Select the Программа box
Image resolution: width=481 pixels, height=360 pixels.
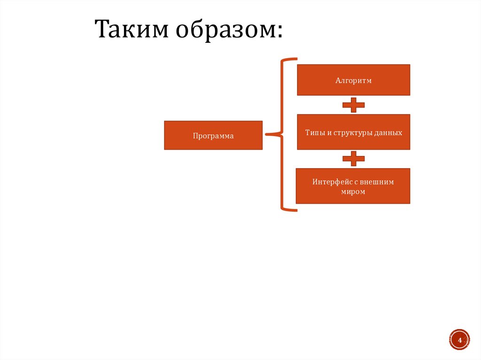click(213, 135)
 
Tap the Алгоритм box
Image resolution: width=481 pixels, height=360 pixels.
click(353, 80)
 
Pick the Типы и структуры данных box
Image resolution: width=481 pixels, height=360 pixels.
click(353, 132)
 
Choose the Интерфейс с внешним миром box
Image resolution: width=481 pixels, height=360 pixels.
click(353, 186)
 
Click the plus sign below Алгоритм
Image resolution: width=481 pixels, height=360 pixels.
click(353, 105)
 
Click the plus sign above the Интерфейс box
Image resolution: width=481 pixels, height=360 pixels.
click(353, 159)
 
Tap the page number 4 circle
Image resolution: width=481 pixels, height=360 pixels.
click(459, 339)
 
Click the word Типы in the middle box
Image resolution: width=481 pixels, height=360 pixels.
click(312, 133)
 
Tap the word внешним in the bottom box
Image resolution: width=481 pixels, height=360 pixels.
click(377, 182)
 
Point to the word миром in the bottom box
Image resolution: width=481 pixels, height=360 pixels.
click(353, 192)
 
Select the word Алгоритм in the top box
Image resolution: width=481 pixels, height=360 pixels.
click(353, 81)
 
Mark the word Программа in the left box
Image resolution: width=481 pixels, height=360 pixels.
click(213, 136)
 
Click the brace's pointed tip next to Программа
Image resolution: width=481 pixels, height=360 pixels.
click(267, 135)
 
